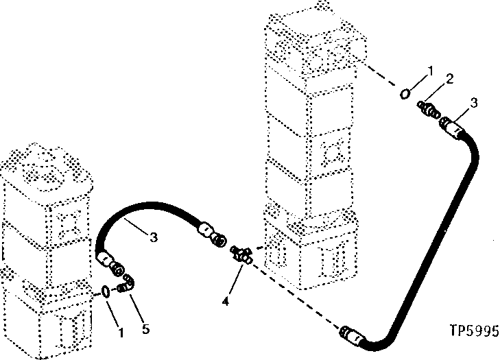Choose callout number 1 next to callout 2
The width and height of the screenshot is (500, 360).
[x=429, y=70]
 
